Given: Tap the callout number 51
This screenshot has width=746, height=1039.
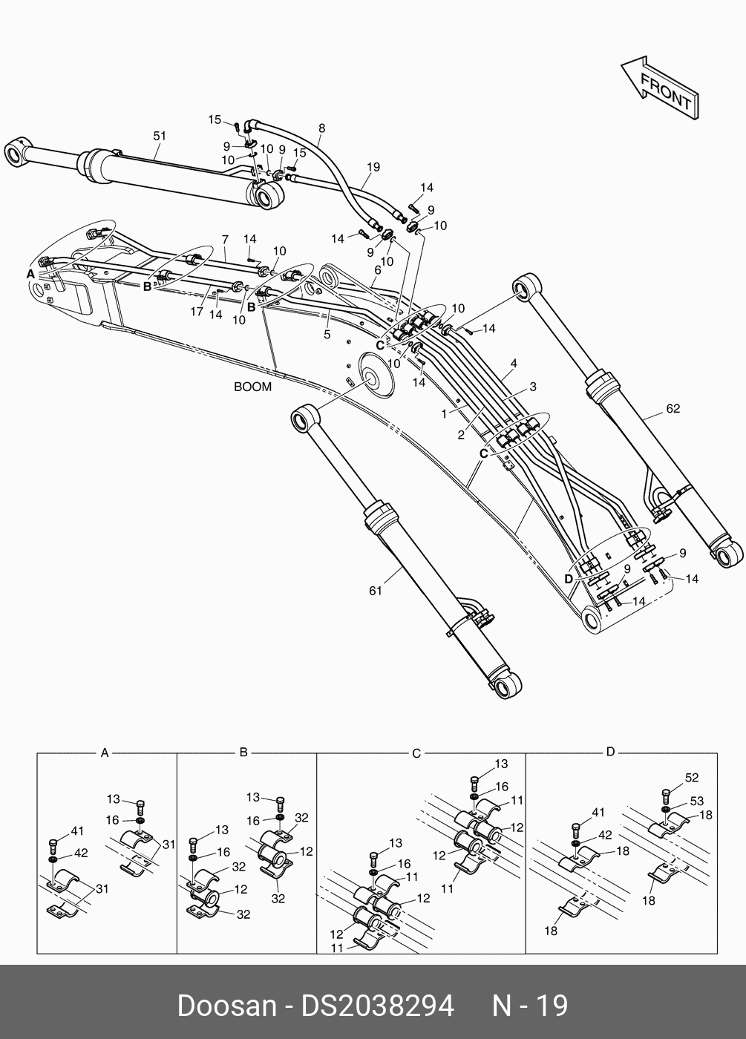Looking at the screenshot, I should (160, 136).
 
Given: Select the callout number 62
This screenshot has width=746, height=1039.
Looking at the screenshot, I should (673, 408).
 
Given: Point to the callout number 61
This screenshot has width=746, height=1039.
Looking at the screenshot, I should (376, 591).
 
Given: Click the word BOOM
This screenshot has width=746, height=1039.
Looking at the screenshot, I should (252, 387).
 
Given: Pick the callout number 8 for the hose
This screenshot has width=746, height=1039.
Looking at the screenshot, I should (321, 128).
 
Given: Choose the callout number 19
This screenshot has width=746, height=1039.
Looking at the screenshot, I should (373, 167).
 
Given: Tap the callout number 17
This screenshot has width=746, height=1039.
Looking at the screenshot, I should (197, 312).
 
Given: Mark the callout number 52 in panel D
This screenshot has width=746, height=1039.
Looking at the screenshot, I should (692, 778).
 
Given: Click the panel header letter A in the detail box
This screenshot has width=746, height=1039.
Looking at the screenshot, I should (105, 753).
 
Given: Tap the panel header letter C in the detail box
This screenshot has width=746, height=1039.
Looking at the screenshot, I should (416, 753).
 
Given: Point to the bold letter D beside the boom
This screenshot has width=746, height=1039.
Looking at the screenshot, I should (568, 577).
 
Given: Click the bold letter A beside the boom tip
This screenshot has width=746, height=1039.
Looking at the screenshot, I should (30, 274).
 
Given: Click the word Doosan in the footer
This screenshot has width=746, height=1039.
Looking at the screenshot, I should (226, 1006).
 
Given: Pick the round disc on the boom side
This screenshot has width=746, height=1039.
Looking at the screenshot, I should (376, 369).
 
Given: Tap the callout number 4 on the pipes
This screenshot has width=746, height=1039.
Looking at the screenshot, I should (514, 364).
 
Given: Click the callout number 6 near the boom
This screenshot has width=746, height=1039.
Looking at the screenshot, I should (377, 271).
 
